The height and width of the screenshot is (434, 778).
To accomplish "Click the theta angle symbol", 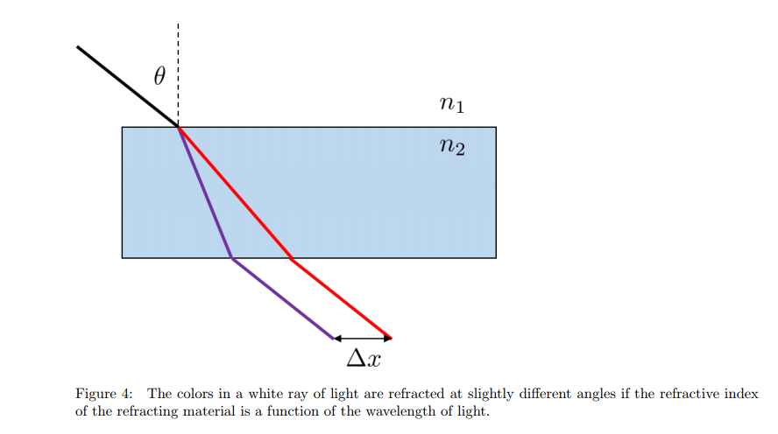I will pyautogui.click(x=159, y=77).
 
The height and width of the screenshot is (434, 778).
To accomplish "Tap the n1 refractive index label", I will pyautogui.click(x=451, y=105).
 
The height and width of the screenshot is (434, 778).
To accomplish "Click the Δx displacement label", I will pyautogui.click(x=363, y=358).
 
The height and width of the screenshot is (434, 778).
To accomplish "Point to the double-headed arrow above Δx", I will pyautogui.click(x=363, y=338).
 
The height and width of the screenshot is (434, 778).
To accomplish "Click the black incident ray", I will pyautogui.click(x=127, y=87).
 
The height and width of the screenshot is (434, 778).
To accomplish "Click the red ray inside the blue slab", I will pyautogui.click(x=235, y=192).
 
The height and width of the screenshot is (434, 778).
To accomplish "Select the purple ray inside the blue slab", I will pyautogui.click(x=205, y=192).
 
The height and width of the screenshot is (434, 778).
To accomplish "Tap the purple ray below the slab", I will pyautogui.click(x=282, y=298).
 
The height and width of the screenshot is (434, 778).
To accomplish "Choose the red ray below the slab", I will pyautogui.click(x=342, y=298).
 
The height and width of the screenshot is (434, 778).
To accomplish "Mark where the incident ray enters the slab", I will pyautogui.click(x=178, y=128).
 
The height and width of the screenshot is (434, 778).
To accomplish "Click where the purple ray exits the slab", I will pyautogui.click(x=231, y=258).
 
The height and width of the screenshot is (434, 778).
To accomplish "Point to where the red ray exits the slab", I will pyautogui.click(x=292, y=258).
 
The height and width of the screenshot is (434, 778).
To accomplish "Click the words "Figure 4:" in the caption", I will pyautogui.click(x=104, y=395).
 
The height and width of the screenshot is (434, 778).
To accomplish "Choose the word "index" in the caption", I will pyautogui.click(x=743, y=395).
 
